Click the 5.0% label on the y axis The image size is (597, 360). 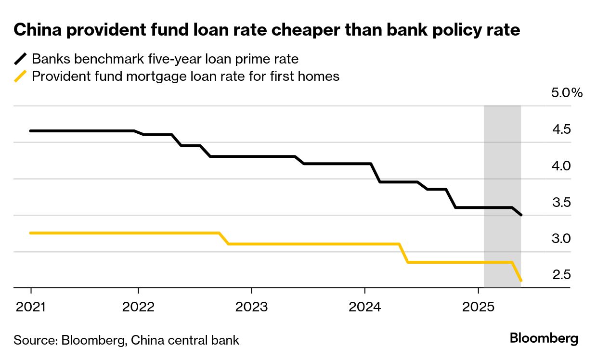point(567,93)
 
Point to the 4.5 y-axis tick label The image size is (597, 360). point(561,129)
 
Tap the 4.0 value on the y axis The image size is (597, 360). point(561,166)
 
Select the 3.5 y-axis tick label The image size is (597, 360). point(561,202)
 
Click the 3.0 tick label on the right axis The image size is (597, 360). point(561,239)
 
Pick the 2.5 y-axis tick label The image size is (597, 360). point(561,275)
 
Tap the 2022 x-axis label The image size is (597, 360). point(138,307)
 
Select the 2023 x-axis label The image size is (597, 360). point(251,307)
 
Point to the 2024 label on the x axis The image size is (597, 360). point(364,307)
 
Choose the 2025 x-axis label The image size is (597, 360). point(478,307)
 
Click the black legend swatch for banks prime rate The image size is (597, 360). point(21,59)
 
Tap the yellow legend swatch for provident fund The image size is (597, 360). point(21,77)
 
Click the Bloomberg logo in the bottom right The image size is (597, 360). point(544,338)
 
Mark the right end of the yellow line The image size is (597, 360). point(521,281)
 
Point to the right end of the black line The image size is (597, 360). point(521,215)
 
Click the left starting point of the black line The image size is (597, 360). point(31,131)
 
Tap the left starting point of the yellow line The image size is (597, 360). point(31,233)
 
